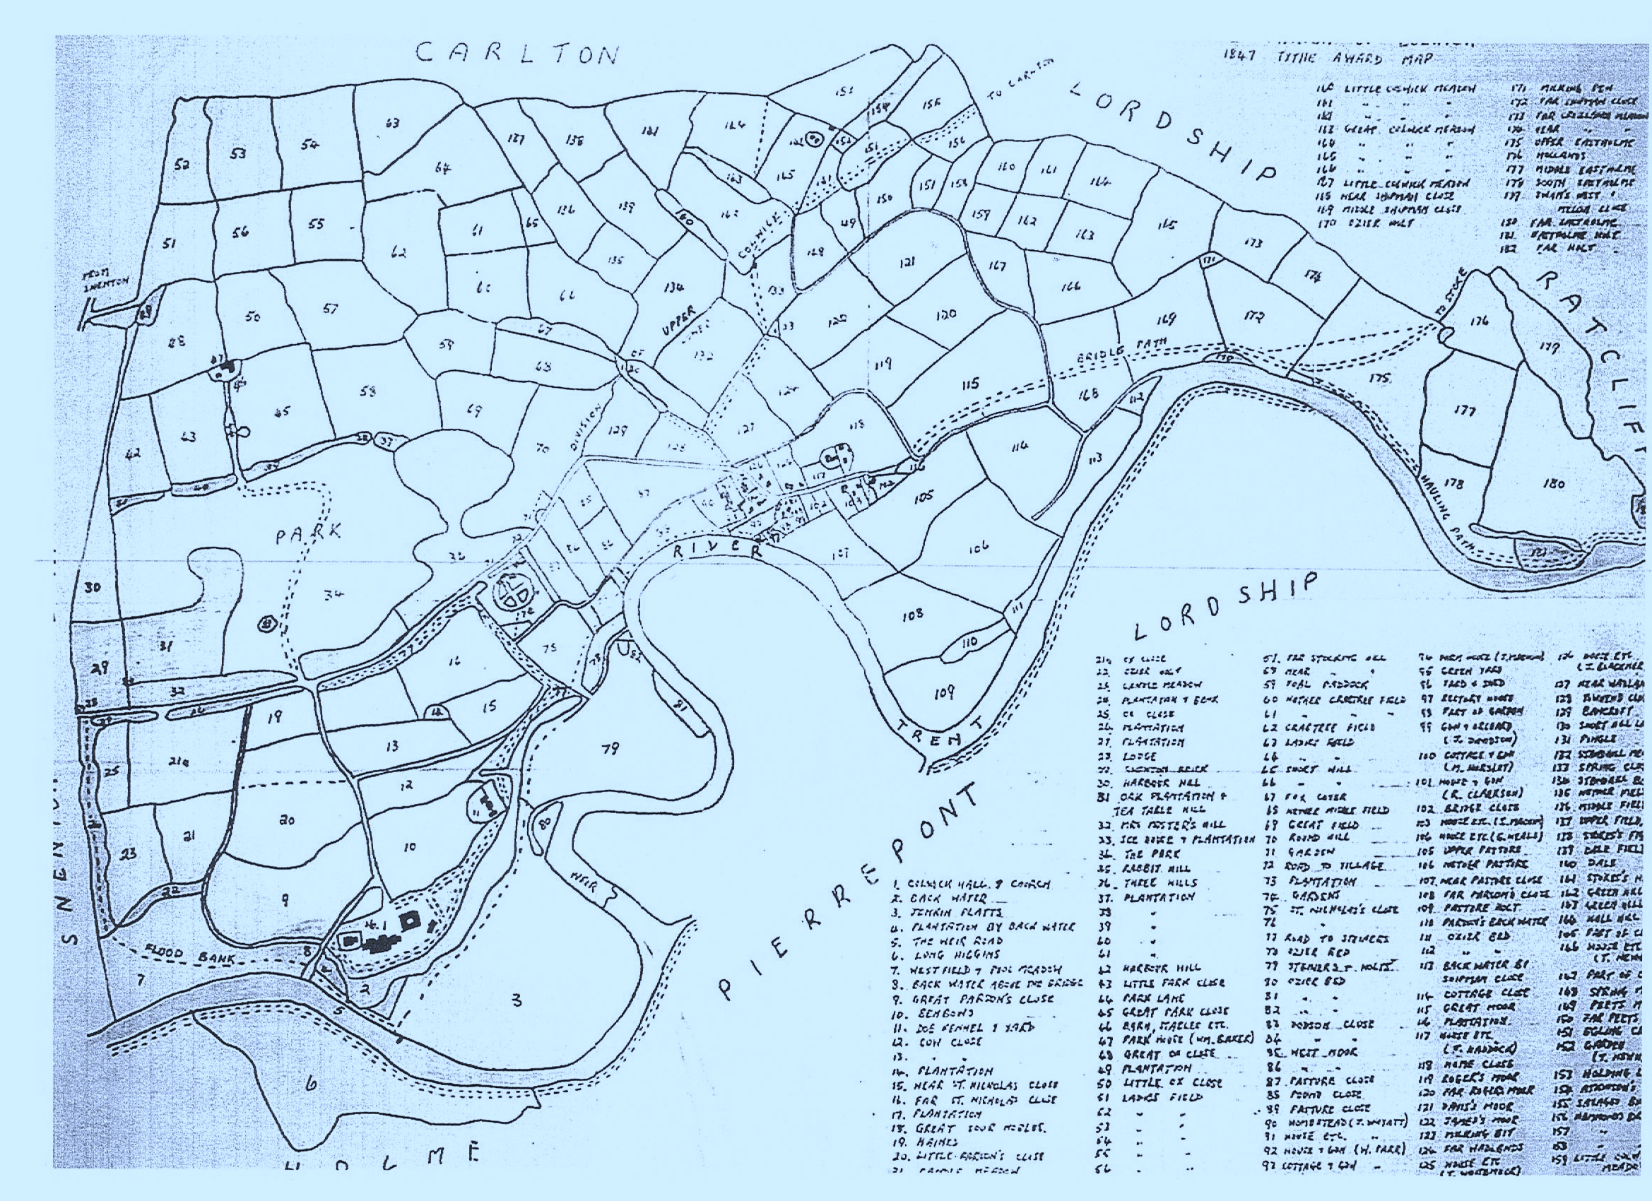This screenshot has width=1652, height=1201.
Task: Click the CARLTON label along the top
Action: coord(519,55)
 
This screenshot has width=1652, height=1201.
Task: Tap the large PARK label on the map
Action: coord(307,534)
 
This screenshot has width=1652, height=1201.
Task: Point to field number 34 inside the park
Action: coord(334,595)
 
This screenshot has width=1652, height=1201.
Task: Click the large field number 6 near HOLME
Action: coord(311,1105)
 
